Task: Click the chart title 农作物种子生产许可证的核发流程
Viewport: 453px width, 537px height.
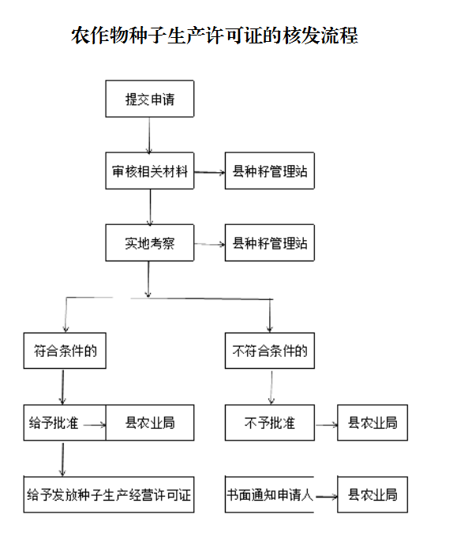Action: click(215, 36)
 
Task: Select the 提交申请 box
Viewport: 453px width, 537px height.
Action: click(149, 99)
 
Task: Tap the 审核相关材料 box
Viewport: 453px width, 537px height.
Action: click(149, 171)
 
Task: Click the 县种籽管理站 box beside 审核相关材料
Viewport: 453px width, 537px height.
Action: click(270, 171)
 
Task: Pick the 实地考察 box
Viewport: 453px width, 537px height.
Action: click(149, 242)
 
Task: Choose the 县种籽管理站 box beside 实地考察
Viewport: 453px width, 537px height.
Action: click(270, 242)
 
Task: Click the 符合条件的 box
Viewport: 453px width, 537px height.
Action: click(65, 351)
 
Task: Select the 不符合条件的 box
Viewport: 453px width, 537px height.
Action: click(270, 351)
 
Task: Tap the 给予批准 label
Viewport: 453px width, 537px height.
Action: click(54, 423)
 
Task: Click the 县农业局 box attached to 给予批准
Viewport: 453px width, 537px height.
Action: click(150, 422)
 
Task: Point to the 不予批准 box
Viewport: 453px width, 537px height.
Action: click(270, 422)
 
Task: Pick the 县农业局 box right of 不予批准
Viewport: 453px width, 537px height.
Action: click(373, 422)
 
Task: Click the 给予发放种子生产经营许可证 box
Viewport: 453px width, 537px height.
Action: click(109, 494)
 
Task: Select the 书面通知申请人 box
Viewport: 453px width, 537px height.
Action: click(270, 494)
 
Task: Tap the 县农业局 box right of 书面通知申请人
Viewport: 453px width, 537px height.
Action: click(373, 494)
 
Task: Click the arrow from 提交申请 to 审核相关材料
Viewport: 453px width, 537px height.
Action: click(149, 136)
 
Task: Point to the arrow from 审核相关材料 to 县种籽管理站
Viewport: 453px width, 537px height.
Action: click(210, 172)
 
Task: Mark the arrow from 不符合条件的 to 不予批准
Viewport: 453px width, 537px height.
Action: click(271, 387)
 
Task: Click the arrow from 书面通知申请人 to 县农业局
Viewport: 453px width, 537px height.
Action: click(327, 496)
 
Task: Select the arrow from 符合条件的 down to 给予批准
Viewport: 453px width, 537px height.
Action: click(62, 387)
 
